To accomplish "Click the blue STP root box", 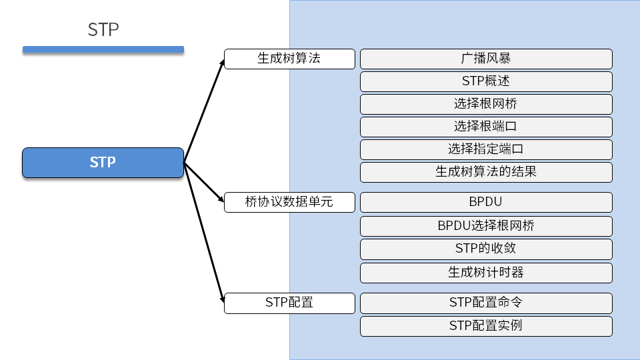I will coord(103,163).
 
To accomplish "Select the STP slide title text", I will coord(103,30).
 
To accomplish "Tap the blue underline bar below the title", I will coord(103,49).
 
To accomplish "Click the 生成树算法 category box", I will coord(289,59).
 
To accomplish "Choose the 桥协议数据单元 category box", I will coord(289,202).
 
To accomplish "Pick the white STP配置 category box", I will coord(289,303).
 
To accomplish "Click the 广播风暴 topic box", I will coord(486,59).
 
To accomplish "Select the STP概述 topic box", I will coord(486,81).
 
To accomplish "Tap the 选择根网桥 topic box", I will coord(486,104).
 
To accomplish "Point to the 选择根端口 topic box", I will coord(486,127).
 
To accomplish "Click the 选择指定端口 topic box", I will coord(486,149).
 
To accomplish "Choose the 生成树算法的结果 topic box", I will coord(486,172).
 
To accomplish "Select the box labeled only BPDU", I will coord(486,202).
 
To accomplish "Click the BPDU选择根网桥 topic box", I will coord(486,226).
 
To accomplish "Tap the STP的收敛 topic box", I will coord(486,249).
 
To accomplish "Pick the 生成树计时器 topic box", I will coord(486,273).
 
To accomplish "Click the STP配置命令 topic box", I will coord(486,303).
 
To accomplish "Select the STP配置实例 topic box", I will coord(486,326).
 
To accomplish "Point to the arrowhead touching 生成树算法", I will coord(223,61).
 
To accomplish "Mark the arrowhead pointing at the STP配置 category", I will coord(221,301).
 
